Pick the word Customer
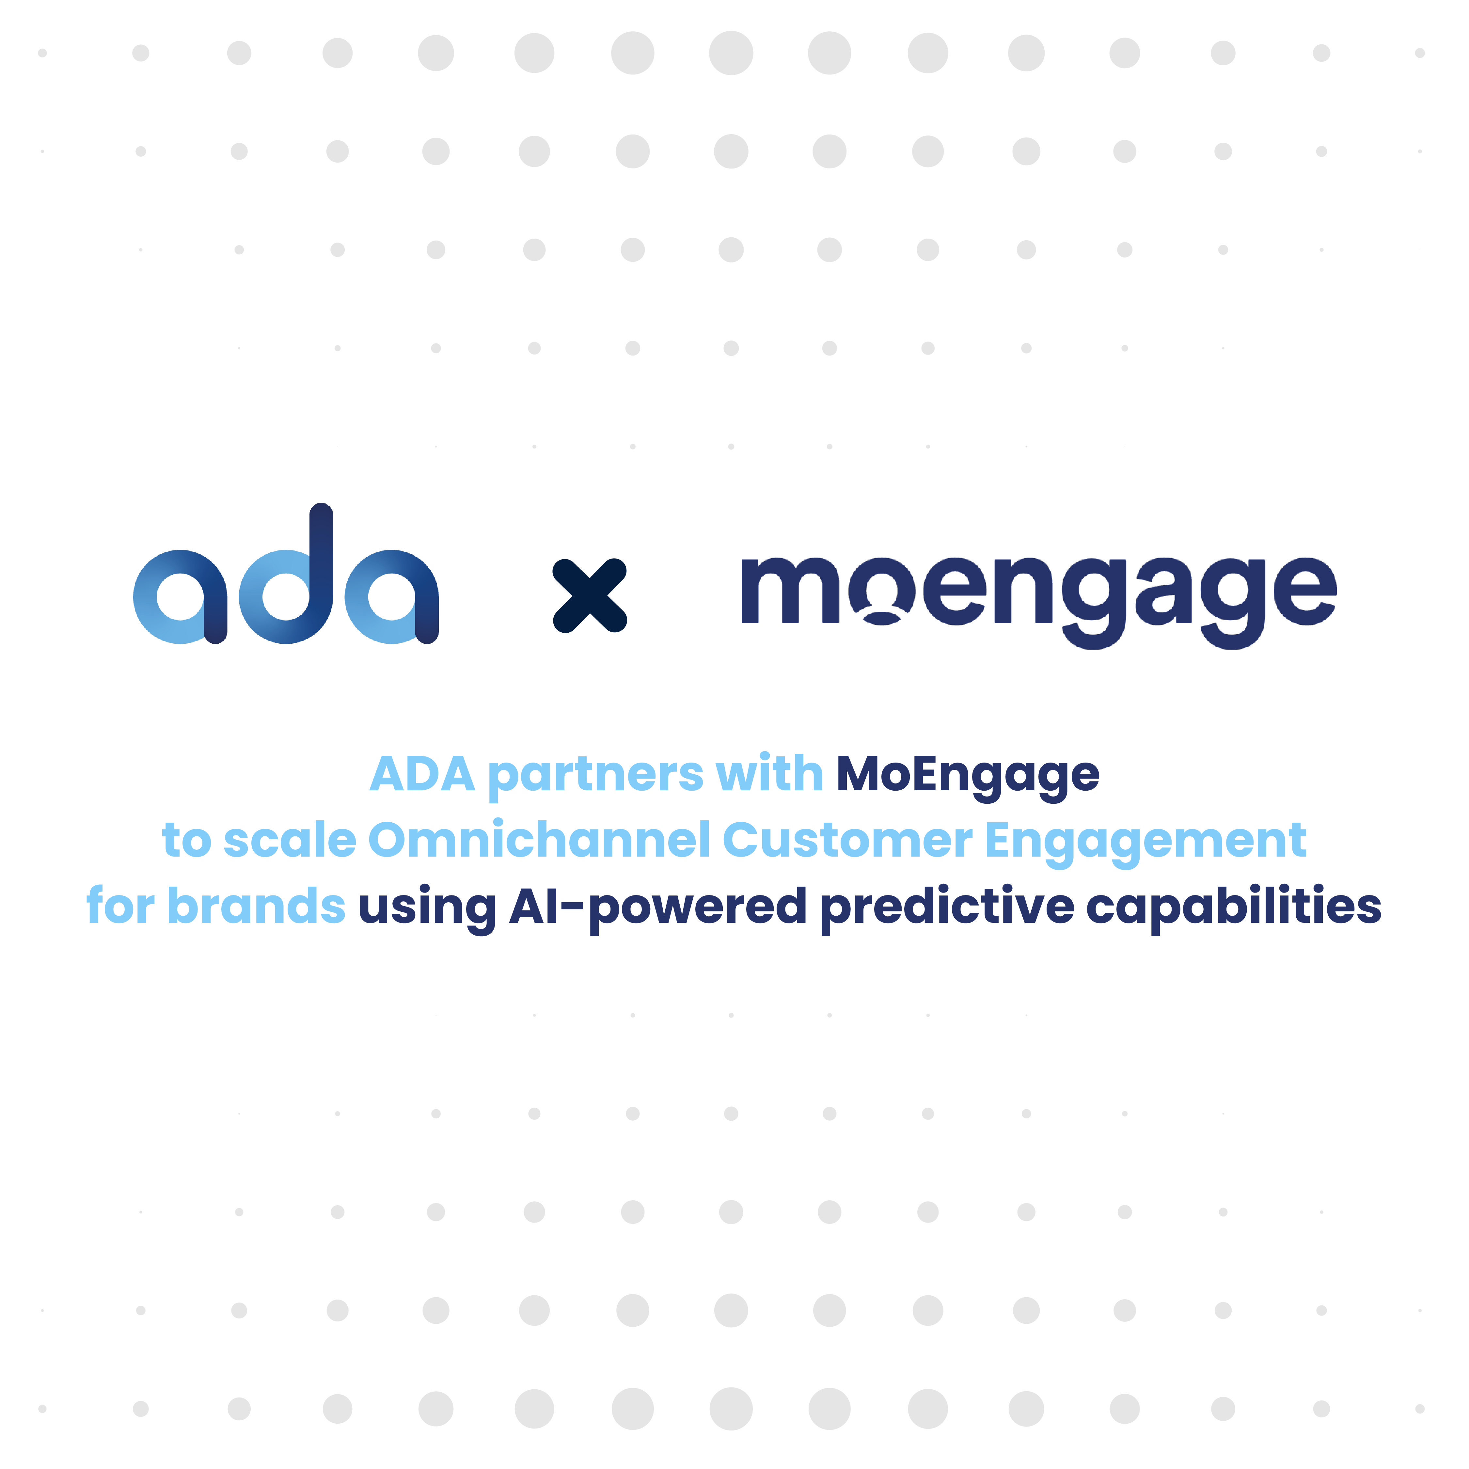click(x=847, y=841)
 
